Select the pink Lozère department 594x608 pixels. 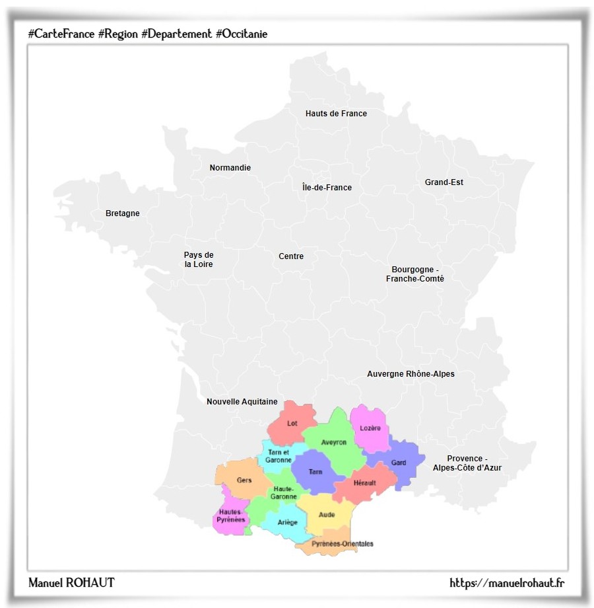tap(370, 428)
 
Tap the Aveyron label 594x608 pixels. tap(334, 442)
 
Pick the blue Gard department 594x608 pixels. tap(399, 463)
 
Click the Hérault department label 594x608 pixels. tap(364, 482)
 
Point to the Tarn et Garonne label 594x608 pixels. tap(279, 455)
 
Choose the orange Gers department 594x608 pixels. tap(244, 480)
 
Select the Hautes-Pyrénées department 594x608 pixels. tap(231, 516)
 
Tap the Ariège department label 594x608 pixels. tap(288, 522)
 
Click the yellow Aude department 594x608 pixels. tap(327, 514)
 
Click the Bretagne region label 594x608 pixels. tap(123, 213)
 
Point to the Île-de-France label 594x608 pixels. tap(327, 188)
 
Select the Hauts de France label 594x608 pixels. tap(336, 114)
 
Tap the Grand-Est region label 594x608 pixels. tap(444, 182)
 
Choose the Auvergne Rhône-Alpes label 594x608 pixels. tap(411, 374)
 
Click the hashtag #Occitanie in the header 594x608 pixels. tap(242, 34)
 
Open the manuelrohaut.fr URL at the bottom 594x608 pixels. tap(506, 582)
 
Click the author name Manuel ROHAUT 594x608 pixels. tap(71, 582)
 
